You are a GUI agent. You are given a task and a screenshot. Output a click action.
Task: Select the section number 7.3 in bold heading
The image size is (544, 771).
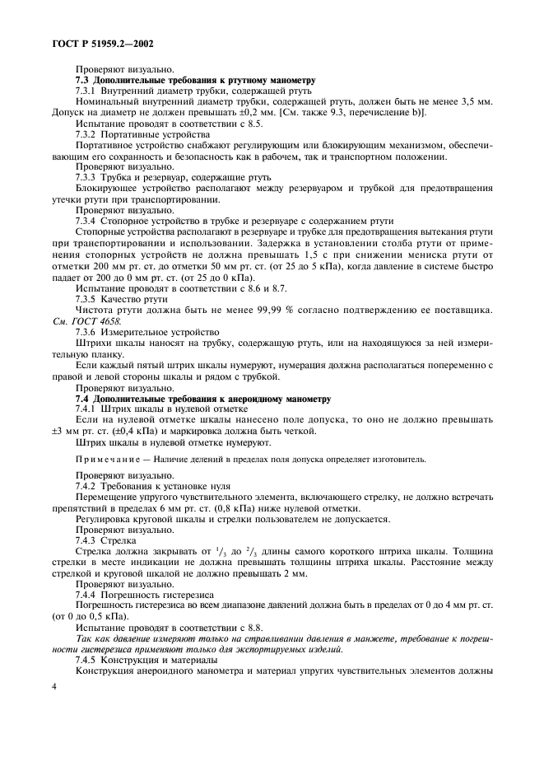(83, 80)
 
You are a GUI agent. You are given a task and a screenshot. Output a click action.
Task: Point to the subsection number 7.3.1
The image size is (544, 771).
(88, 91)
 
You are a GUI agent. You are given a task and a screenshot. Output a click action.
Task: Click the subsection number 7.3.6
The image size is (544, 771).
(88, 332)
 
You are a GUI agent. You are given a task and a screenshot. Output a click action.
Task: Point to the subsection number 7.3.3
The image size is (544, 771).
(88, 176)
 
